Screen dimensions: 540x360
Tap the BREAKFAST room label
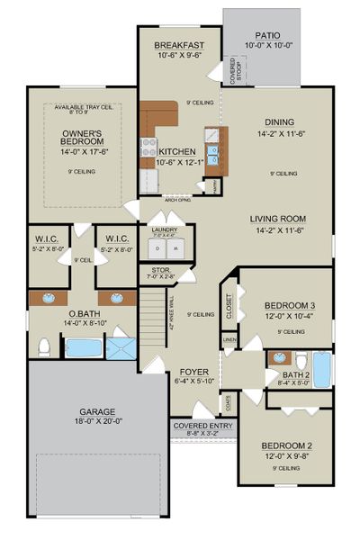pos(178,45)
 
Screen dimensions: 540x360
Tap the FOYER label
pos(194,371)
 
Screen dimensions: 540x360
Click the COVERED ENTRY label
pos(202,426)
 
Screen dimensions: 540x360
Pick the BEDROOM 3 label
pos(288,307)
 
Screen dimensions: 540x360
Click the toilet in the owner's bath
pos(42,347)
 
